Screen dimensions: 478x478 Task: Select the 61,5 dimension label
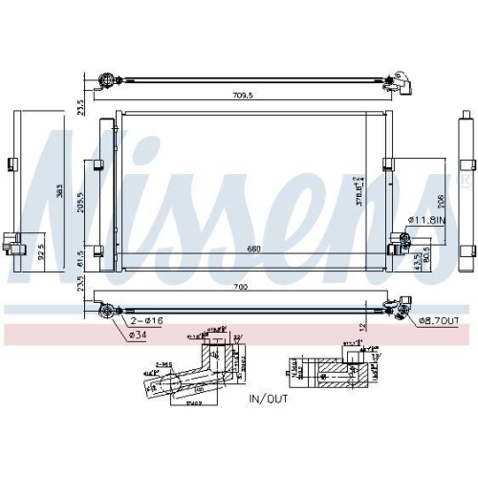81,259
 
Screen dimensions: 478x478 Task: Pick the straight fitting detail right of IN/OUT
330,373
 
